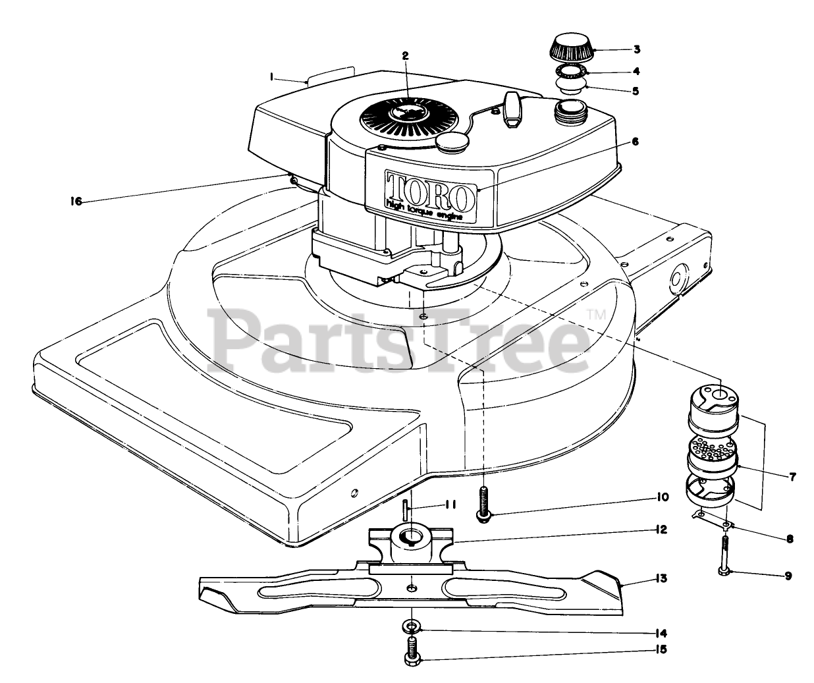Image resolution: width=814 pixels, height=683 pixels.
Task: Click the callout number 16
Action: (76, 202)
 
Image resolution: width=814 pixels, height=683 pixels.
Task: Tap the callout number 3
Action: (636, 49)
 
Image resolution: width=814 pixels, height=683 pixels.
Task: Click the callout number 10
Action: (662, 497)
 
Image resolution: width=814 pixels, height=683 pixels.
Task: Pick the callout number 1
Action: (271, 77)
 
